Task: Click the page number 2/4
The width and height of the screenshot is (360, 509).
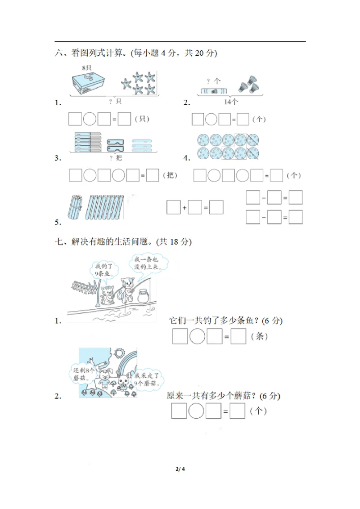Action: tap(180, 470)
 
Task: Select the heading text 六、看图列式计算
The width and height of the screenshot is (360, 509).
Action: tap(90, 53)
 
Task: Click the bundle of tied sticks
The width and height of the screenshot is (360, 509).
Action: tap(75, 206)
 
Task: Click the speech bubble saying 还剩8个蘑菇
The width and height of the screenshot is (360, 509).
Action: tap(83, 373)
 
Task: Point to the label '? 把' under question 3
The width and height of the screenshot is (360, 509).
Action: tap(116, 158)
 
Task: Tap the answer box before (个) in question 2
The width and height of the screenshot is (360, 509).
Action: tap(243, 119)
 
